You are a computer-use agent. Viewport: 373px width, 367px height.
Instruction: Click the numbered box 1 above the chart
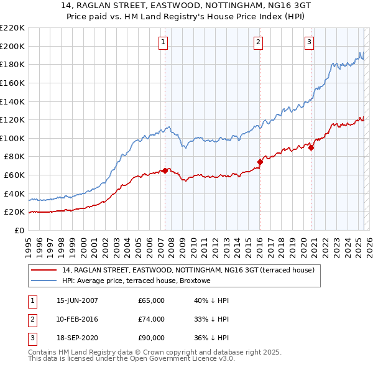[x=163, y=42]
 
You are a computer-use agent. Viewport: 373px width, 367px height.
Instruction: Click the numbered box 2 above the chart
[x=258, y=42]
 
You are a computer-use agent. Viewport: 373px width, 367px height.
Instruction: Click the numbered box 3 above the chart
[x=309, y=42]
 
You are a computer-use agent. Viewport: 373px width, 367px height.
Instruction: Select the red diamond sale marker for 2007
[x=165, y=170]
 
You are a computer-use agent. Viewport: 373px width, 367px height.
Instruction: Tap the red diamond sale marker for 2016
[x=260, y=162]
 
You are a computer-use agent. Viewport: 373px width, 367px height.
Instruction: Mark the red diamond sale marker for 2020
[x=311, y=147]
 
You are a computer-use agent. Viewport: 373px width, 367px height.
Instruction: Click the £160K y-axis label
[x=12, y=83]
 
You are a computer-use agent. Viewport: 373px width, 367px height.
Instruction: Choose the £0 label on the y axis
[x=20, y=230]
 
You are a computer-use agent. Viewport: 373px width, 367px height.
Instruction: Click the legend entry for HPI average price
[x=136, y=281]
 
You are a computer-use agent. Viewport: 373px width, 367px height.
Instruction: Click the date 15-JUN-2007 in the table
[x=77, y=300]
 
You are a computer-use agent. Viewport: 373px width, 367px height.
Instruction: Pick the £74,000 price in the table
[x=152, y=319]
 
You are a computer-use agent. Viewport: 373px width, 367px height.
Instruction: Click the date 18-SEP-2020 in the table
[x=77, y=338]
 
